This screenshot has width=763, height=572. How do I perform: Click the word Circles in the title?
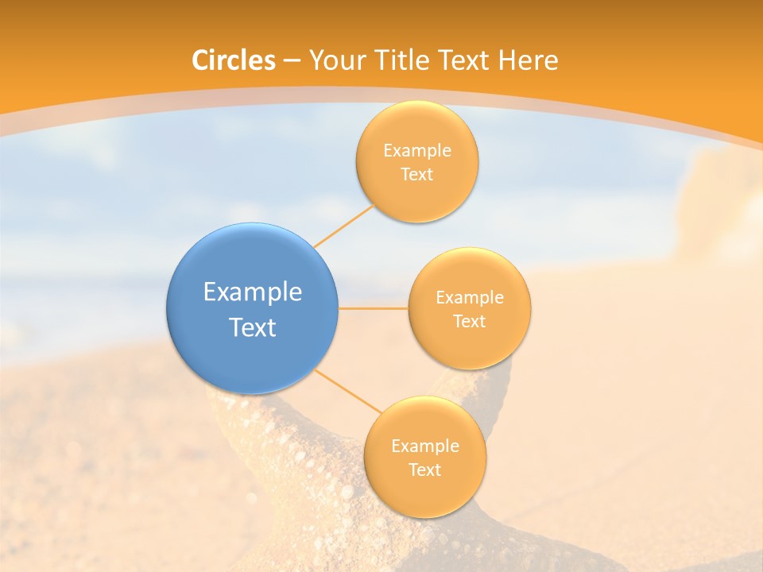click(234, 60)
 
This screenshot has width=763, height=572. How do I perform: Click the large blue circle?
click(252, 308)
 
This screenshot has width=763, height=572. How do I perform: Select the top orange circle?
click(416, 161)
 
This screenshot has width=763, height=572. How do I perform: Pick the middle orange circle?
click(469, 308)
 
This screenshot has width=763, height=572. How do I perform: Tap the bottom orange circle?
click(424, 457)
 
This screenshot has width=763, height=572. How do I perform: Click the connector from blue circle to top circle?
click(343, 226)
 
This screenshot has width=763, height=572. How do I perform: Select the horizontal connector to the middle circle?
click(373, 308)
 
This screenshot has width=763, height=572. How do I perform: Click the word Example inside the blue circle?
click(253, 292)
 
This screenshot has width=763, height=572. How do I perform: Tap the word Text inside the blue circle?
click(253, 327)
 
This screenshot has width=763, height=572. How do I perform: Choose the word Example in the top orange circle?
click(417, 151)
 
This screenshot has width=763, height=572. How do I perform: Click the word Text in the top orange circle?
click(416, 174)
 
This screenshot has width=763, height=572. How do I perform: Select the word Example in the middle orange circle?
click(470, 298)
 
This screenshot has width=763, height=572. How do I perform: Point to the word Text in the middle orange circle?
click(469, 321)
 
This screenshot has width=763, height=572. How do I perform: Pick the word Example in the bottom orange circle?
click(425, 446)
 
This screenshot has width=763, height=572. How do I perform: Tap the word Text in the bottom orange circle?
click(424, 470)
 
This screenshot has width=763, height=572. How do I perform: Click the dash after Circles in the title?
click(292, 61)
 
